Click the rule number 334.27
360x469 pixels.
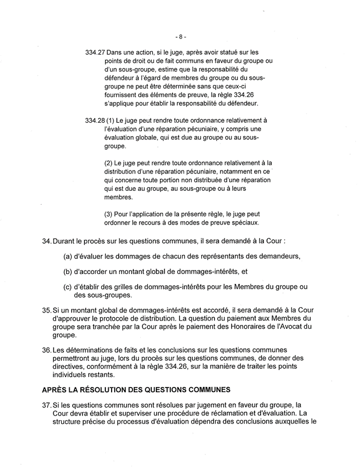tap(94, 52)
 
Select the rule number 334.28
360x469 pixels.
tap(94, 120)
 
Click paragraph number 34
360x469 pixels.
tap(47, 240)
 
